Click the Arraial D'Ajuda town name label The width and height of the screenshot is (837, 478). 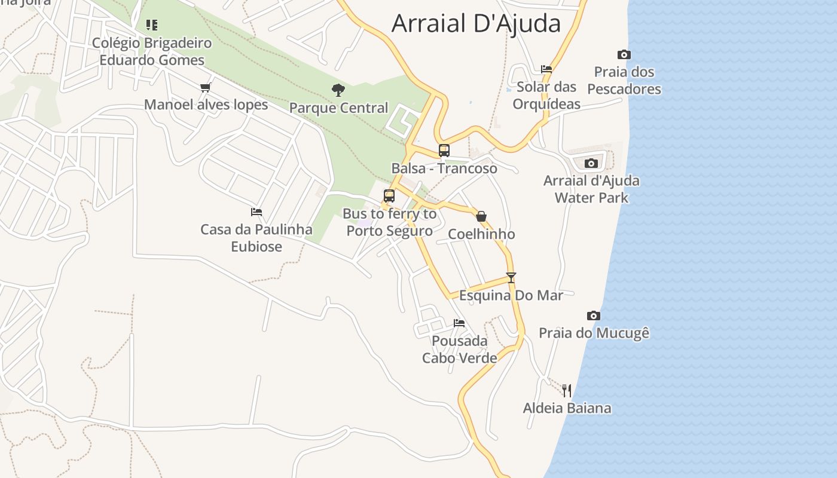point(476,23)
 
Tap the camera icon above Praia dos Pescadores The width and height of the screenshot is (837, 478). point(624,54)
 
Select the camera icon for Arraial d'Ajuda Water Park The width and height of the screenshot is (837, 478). point(591,163)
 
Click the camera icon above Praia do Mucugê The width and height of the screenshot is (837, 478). point(593,315)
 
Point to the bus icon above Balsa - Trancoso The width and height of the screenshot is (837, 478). point(444,150)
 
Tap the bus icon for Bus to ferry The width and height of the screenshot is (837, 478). point(389,195)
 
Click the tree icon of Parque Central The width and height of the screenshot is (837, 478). point(338,90)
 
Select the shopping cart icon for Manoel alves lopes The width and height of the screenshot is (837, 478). point(206,87)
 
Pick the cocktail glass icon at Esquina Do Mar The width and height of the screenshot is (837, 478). point(511,277)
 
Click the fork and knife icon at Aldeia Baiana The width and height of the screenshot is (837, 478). point(567,391)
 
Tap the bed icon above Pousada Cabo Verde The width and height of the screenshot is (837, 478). point(459,323)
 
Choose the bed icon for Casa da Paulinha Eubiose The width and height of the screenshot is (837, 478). point(256,212)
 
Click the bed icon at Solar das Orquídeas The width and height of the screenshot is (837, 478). point(546,69)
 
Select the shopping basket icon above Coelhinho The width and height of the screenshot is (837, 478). point(481,216)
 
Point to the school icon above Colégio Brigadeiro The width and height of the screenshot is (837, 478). point(152,25)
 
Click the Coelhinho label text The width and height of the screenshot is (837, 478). point(481,234)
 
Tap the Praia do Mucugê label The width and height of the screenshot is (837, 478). point(594,333)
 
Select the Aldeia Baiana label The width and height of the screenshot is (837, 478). point(567,408)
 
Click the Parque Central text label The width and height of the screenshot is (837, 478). point(338,108)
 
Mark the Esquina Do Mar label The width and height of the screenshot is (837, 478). point(511,295)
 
